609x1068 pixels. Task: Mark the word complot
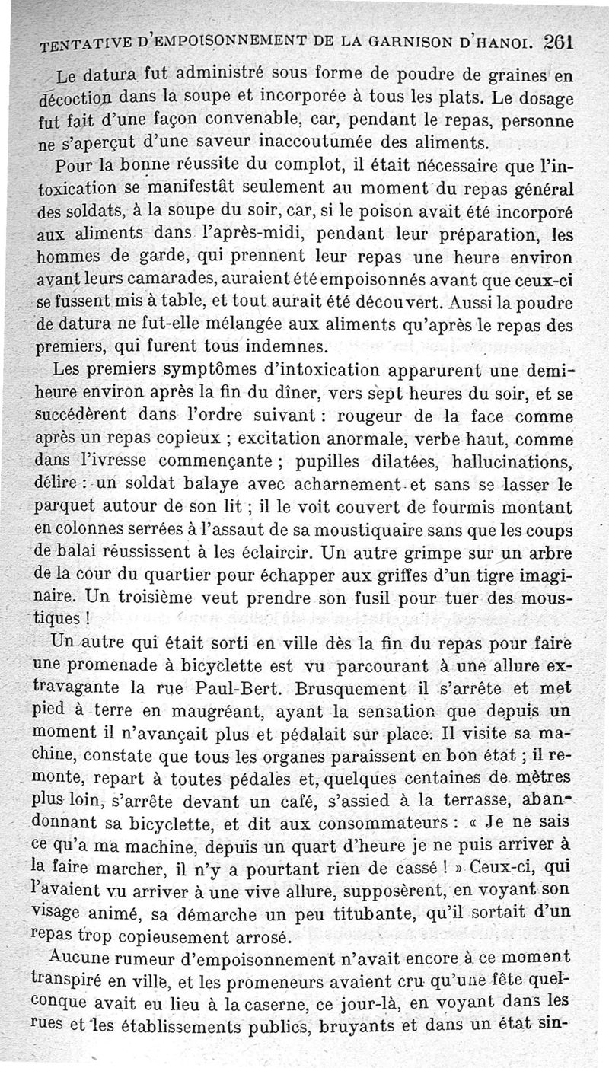264,164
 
